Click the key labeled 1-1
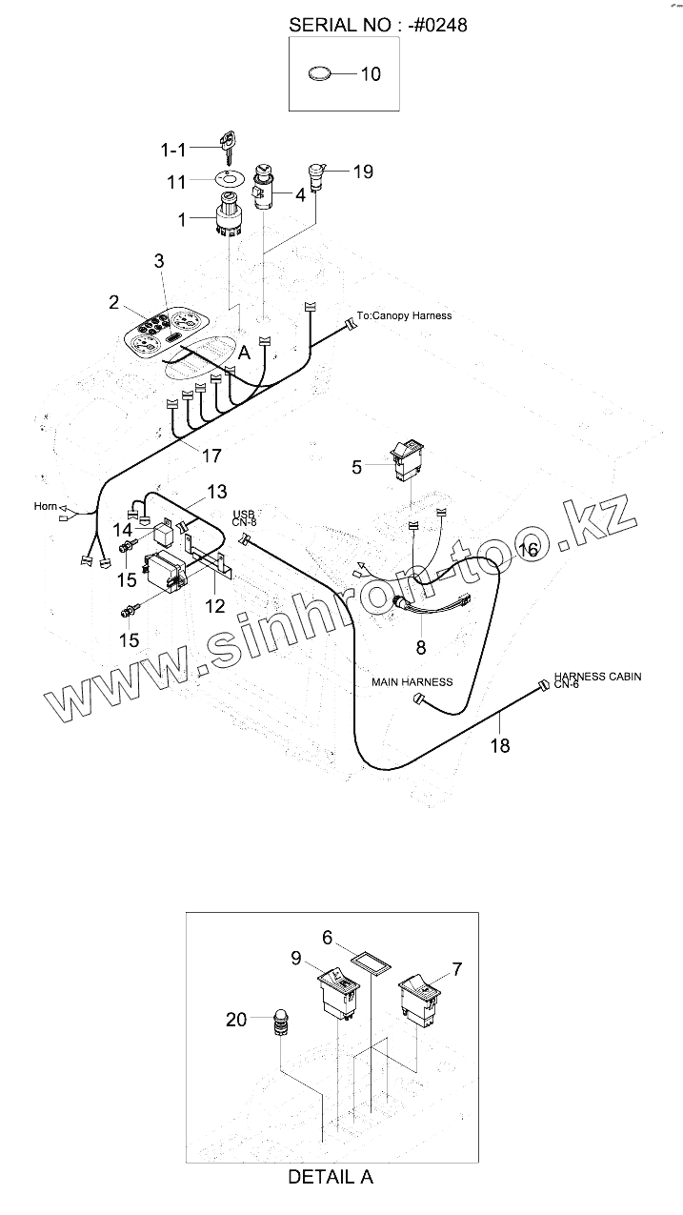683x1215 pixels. click(227, 147)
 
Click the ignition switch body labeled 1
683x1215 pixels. click(230, 217)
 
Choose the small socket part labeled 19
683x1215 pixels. click(316, 177)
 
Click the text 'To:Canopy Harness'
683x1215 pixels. click(405, 315)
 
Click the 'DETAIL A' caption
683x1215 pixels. click(330, 1177)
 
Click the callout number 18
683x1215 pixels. click(500, 745)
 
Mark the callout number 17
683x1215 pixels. click(211, 456)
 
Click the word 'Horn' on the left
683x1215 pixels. click(46, 506)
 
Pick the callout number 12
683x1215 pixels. click(215, 606)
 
